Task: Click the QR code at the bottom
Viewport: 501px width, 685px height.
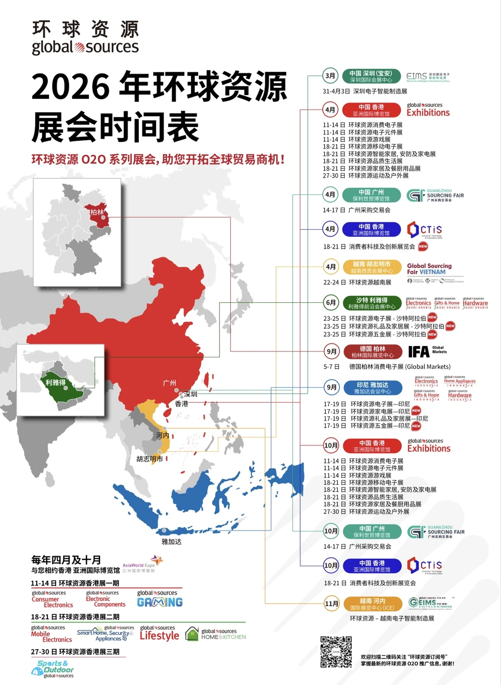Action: tap(336, 652)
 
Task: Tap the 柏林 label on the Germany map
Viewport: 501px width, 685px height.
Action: tap(97, 212)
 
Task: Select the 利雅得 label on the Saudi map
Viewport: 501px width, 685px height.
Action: tap(56, 382)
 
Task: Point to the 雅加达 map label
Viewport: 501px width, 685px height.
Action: tap(171, 541)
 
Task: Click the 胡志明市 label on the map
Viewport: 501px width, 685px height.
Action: tap(149, 459)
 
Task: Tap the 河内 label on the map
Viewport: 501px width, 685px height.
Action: tap(162, 435)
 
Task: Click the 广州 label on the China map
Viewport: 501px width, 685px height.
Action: tap(169, 383)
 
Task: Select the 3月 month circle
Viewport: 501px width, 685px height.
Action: tap(330, 76)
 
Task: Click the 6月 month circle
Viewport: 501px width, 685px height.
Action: tap(331, 302)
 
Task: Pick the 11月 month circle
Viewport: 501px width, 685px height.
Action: tap(331, 603)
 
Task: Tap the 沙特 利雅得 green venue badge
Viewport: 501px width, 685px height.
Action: tap(372, 303)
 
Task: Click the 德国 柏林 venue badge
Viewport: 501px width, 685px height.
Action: tap(372, 352)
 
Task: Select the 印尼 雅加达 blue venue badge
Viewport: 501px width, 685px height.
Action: tap(372, 388)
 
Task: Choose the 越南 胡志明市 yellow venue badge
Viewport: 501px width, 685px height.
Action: tap(372, 267)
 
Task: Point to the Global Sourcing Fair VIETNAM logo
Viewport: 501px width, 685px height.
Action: tap(430, 269)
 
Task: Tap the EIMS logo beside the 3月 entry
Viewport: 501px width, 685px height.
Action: tap(428, 77)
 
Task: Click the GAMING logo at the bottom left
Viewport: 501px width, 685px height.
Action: tap(160, 602)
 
